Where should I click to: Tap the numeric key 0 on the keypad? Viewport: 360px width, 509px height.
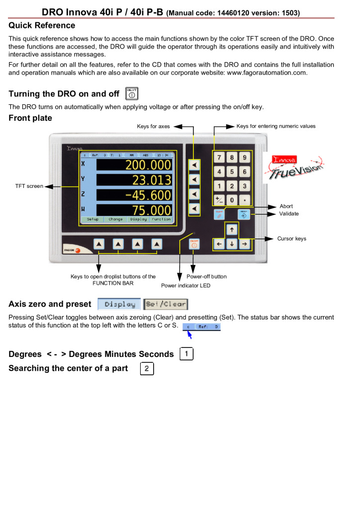[x=232, y=200]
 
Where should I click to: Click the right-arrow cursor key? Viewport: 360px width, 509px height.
[x=245, y=244]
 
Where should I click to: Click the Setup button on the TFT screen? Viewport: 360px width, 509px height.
[x=92, y=219]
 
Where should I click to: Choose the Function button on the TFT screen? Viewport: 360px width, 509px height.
[x=161, y=219]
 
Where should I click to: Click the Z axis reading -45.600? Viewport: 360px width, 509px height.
[x=148, y=195]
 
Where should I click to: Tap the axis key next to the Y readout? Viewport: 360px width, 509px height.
[x=195, y=179]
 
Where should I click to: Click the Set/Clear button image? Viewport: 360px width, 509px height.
[x=166, y=304]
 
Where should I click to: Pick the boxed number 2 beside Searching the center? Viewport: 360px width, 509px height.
[x=147, y=369]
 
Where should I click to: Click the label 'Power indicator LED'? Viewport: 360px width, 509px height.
[x=185, y=286]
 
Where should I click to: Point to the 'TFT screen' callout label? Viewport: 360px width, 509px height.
[x=29, y=186]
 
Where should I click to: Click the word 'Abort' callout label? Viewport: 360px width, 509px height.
[x=286, y=206]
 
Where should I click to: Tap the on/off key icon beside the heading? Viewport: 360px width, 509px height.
[x=132, y=93]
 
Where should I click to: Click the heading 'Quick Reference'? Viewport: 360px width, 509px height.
[x=42, y=25]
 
